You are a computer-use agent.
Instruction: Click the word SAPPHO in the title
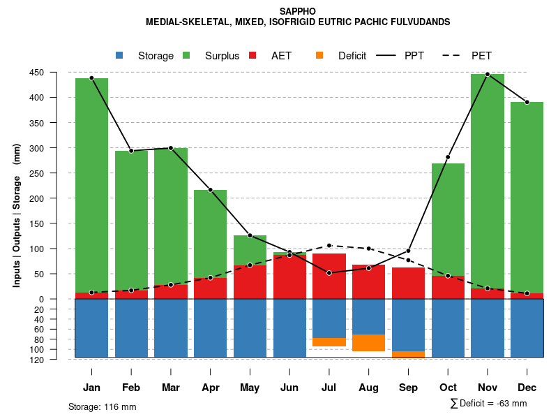[x=297, y=11]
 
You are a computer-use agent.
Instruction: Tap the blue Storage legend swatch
[x=119, y=55]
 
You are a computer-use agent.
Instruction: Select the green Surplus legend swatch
[x=186, y=55]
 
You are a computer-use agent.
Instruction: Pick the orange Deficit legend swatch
[x=319, y=55]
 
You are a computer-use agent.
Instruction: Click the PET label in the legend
[x=481, y=56]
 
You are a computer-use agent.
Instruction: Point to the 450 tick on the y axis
[x=56, y=73]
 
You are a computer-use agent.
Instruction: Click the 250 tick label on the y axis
[x=56, y=173]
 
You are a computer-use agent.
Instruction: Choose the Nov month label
[x=488, y=388]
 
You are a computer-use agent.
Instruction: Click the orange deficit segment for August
[x=368, y=343]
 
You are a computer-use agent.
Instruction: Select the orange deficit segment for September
[x=408, y=354]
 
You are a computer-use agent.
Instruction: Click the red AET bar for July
[x=329, y=276]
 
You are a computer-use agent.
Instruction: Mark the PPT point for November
[x=488, y=74]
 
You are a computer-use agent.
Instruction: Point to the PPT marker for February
[x=131, y=151]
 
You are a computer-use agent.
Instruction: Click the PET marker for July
[x=329, y=245]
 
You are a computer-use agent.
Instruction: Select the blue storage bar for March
[x=171, y=328]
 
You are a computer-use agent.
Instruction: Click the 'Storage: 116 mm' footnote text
[x=103, y=406]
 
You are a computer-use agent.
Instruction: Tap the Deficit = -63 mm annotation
[x=489, y=403]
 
